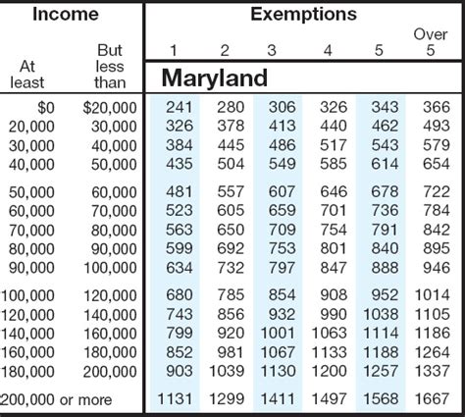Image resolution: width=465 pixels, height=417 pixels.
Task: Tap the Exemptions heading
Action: [x=303, y=14]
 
